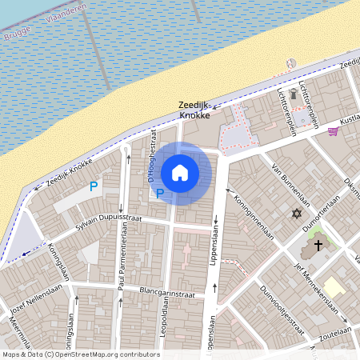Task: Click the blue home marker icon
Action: point(180,173)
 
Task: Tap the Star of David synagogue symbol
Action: point(298,214)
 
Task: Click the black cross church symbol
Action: point(318,245)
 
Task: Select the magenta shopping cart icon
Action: point(333,132)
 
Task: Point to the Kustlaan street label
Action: point(349,120)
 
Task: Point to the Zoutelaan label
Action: point(334,332)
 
